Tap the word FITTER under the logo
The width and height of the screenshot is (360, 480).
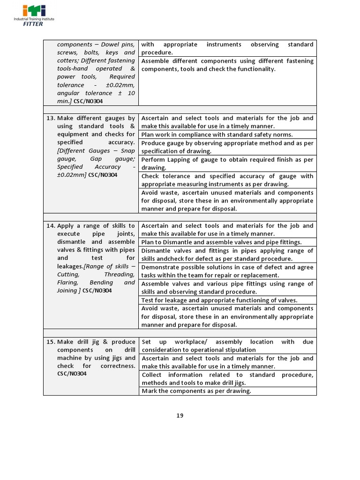coord(33,24)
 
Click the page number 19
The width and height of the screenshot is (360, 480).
coord(180,415)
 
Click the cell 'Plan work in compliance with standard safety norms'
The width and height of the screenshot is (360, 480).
coord(217,135)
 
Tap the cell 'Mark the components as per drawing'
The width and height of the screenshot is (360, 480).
coord(196,391)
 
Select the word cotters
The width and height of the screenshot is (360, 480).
coord(67,60)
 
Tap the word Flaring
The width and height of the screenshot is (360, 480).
coord(69,282)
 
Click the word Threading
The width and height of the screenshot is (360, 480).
coord(119,274)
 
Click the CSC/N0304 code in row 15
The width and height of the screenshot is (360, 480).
coord(72,374)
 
